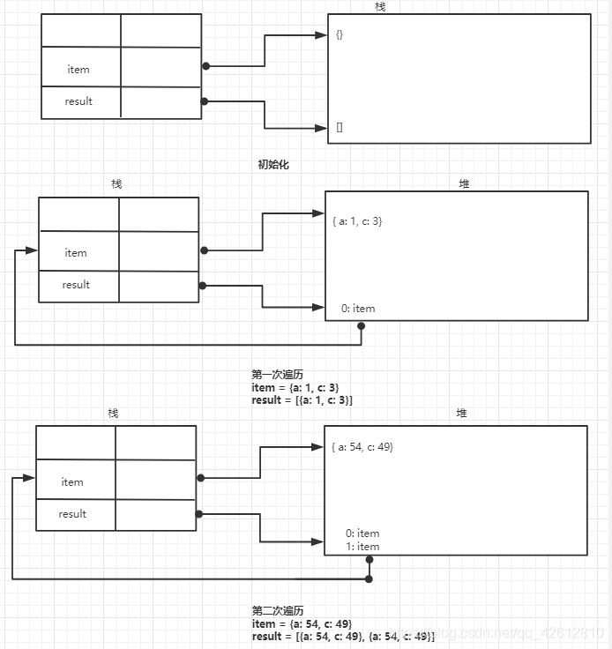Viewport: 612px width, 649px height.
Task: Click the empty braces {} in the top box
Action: (340, 35)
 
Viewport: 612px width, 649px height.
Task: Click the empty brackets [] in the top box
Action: (340, 127)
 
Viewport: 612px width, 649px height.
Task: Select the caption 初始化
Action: (272, 164)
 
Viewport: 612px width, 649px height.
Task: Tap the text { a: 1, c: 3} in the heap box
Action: (357, 220)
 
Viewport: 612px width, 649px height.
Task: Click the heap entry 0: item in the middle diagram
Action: (358, 309)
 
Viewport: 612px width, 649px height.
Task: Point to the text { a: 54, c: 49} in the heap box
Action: (362, 447)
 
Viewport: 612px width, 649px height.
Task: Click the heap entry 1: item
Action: (362, 547)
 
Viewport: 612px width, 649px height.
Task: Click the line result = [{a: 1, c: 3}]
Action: (302, 400)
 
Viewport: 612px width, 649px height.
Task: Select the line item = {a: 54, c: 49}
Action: (302, 623)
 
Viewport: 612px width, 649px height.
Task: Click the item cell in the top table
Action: (78, 69)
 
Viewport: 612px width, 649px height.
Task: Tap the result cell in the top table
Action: (78, 101)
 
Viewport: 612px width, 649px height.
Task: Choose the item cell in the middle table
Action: (76, 253)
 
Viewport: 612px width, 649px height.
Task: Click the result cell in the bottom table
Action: (72, 514)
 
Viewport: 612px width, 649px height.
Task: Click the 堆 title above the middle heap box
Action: (465, 183)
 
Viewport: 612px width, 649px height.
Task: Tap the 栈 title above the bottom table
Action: (114, 413)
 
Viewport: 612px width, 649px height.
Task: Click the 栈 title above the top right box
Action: (380, 7)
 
